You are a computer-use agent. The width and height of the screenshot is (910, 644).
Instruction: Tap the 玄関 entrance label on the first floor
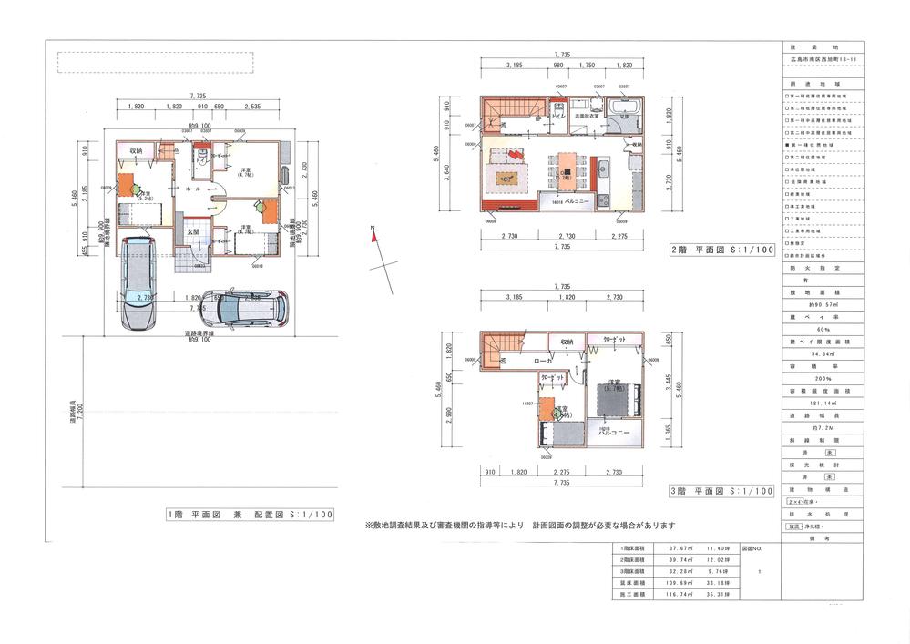[193, 233]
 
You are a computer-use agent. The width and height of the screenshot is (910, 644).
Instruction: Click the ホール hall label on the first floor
[193, 189]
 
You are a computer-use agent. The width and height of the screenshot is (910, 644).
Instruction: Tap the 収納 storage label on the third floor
[567, 342]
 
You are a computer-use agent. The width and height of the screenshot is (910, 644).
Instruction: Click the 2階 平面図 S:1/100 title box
[722, 248]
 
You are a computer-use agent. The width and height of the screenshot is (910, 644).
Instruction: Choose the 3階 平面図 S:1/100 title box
[722, 491]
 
